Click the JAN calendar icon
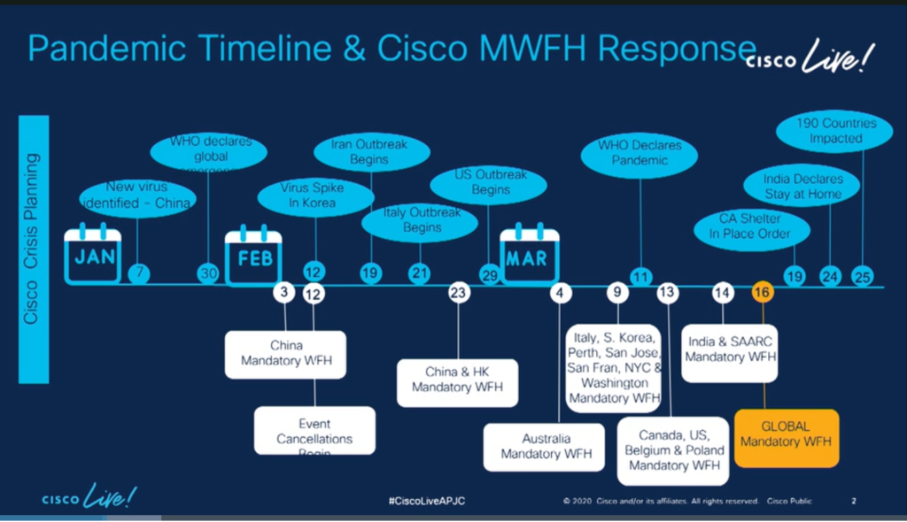pos(93,256)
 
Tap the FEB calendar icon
pos(253,257)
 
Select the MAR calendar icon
pos(530,256)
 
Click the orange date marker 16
pos(762,293)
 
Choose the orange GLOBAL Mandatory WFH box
pos(786,434)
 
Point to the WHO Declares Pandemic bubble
pos(639,152)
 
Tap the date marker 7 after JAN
pos(138,274)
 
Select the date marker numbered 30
pos(209,274)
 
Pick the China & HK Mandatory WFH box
pos(457,380)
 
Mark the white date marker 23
pos(458,293)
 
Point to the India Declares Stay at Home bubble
pos(803,186)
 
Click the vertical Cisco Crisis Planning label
pos(33,249)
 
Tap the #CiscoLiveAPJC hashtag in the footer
pos(427,502)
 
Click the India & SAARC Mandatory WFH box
pos(730,349)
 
